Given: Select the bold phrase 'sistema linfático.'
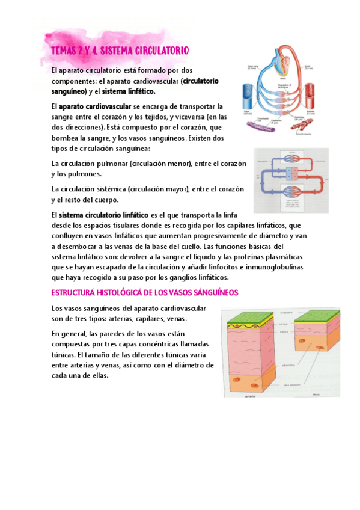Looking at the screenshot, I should click(129, 91).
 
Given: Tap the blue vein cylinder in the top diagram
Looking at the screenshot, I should click(248, 94).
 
